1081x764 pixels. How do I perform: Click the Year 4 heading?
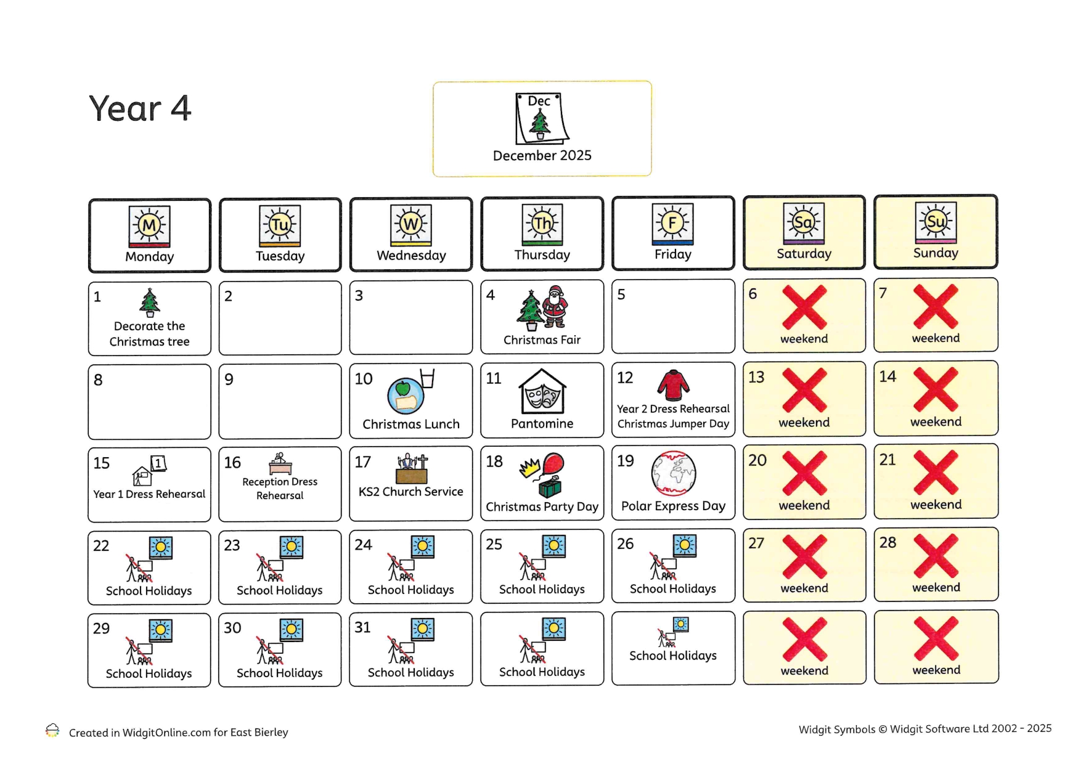click(140, 109)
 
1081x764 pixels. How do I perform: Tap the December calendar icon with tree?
click(540, 118)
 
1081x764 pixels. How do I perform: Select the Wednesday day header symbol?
click(411, 224)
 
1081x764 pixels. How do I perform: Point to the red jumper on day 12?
click(673, 385)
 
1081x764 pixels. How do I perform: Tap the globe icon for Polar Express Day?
click(674, 473)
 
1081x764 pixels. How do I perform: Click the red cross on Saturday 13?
click(804, 390)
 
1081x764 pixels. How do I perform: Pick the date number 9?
click(229, 380)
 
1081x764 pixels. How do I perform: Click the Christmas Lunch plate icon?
click(406, 396)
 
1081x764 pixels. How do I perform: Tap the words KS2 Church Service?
click(411, 492)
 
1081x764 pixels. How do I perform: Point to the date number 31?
click(362, 628)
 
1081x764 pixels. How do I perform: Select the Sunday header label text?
click(936, 253)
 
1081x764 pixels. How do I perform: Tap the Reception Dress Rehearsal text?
click(280, 489)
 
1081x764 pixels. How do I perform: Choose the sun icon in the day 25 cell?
click(553, 546)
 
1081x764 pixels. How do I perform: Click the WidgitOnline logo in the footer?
click(52, 731)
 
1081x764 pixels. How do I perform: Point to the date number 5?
click(621, 295)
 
